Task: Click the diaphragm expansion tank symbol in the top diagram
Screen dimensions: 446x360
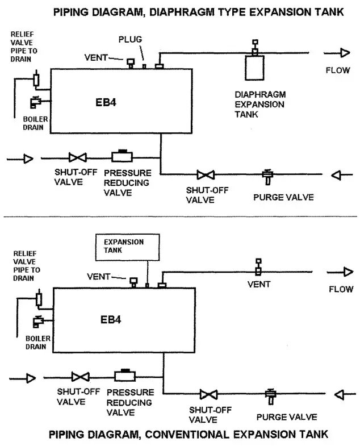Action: point(254,67)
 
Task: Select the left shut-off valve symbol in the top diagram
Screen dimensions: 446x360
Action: point(76,159)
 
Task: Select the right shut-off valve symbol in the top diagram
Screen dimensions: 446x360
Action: point(203,175)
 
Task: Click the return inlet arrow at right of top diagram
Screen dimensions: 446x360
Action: point(337,175)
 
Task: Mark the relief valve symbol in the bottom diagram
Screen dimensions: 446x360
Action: point(39,298)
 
